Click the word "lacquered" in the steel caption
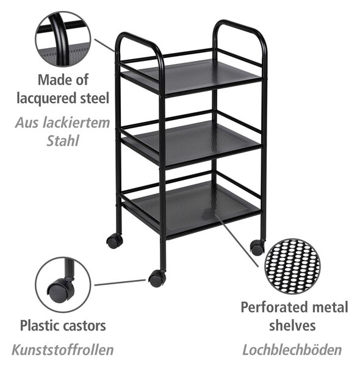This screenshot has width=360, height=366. [x=47, y=98]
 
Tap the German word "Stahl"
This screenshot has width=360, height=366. [x=63, y=141]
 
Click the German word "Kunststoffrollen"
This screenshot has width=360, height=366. [x=63, y=350]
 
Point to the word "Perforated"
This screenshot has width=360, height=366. [x=272, y=307]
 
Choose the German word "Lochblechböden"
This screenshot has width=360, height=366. [x=292, y=350]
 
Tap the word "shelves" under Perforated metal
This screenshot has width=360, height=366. [x=292, y=326]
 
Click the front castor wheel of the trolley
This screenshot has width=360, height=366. [x=157, y=278]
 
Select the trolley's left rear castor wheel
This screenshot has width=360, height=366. [x=114, y=242]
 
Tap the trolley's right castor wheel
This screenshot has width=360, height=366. [x=257, y=248]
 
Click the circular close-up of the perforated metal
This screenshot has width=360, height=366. [x=292, y=266]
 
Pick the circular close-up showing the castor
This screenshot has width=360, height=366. [x=63, y=285]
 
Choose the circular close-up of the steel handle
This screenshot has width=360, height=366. [x=63, y=39]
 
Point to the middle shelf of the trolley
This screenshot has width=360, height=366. [x=192, y=142]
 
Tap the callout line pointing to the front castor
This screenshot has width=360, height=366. [x=120, y=282]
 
